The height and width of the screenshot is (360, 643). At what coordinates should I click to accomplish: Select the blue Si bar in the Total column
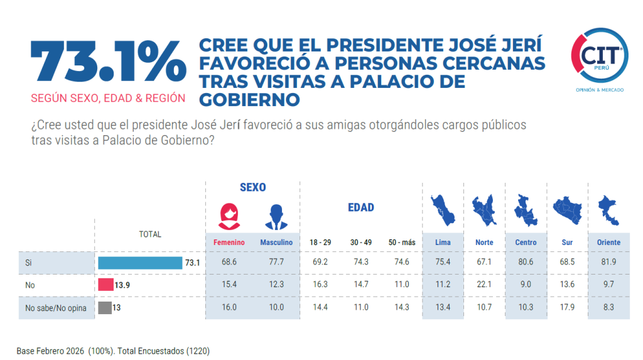[139, 263]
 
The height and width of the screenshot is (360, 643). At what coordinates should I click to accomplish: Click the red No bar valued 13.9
[105, 285]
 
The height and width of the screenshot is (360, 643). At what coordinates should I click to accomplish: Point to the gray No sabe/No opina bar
[104, 308]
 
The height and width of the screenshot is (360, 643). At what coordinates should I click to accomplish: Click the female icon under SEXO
[229, 217]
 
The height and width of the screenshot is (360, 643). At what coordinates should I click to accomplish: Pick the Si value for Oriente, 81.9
[604, 263]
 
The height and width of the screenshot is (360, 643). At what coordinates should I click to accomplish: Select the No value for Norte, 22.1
[484, 285]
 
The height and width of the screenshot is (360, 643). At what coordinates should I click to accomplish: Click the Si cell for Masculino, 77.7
[276, 263]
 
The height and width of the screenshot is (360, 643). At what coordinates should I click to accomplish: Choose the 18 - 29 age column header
[320, 243]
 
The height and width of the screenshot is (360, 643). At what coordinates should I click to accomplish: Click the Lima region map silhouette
[443, 210]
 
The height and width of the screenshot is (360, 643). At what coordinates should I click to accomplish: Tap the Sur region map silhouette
[566, 210]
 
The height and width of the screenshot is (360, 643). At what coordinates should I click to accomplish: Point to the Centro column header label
[525, 243]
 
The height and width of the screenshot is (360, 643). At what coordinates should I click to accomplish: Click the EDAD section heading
[360, 207]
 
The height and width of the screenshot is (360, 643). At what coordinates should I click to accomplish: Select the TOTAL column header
[149, 234]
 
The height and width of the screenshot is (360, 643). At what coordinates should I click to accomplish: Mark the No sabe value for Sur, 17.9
[566, 308]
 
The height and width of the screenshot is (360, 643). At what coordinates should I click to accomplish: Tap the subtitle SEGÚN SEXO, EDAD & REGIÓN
[108, 98]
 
